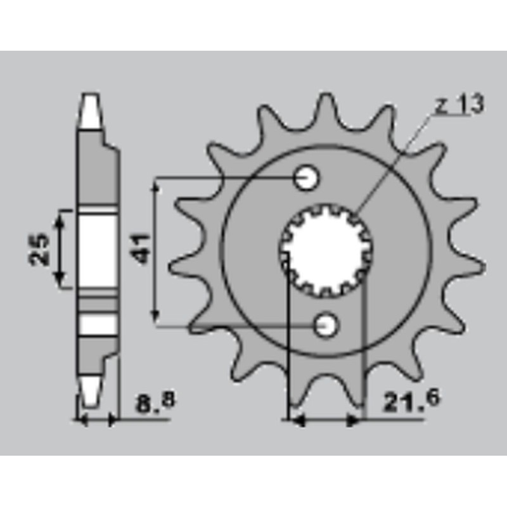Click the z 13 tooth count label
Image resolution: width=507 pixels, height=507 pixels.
point(459,104)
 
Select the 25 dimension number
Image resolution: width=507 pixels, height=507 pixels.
point(39,249)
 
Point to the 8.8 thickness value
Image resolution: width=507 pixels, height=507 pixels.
point(156,402)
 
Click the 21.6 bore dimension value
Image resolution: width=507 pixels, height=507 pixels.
point(411,401)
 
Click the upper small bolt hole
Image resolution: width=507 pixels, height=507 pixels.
point(306,177)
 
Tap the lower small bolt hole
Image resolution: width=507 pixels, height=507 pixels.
point(327,324)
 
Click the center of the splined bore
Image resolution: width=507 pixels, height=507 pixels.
point(326,251)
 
